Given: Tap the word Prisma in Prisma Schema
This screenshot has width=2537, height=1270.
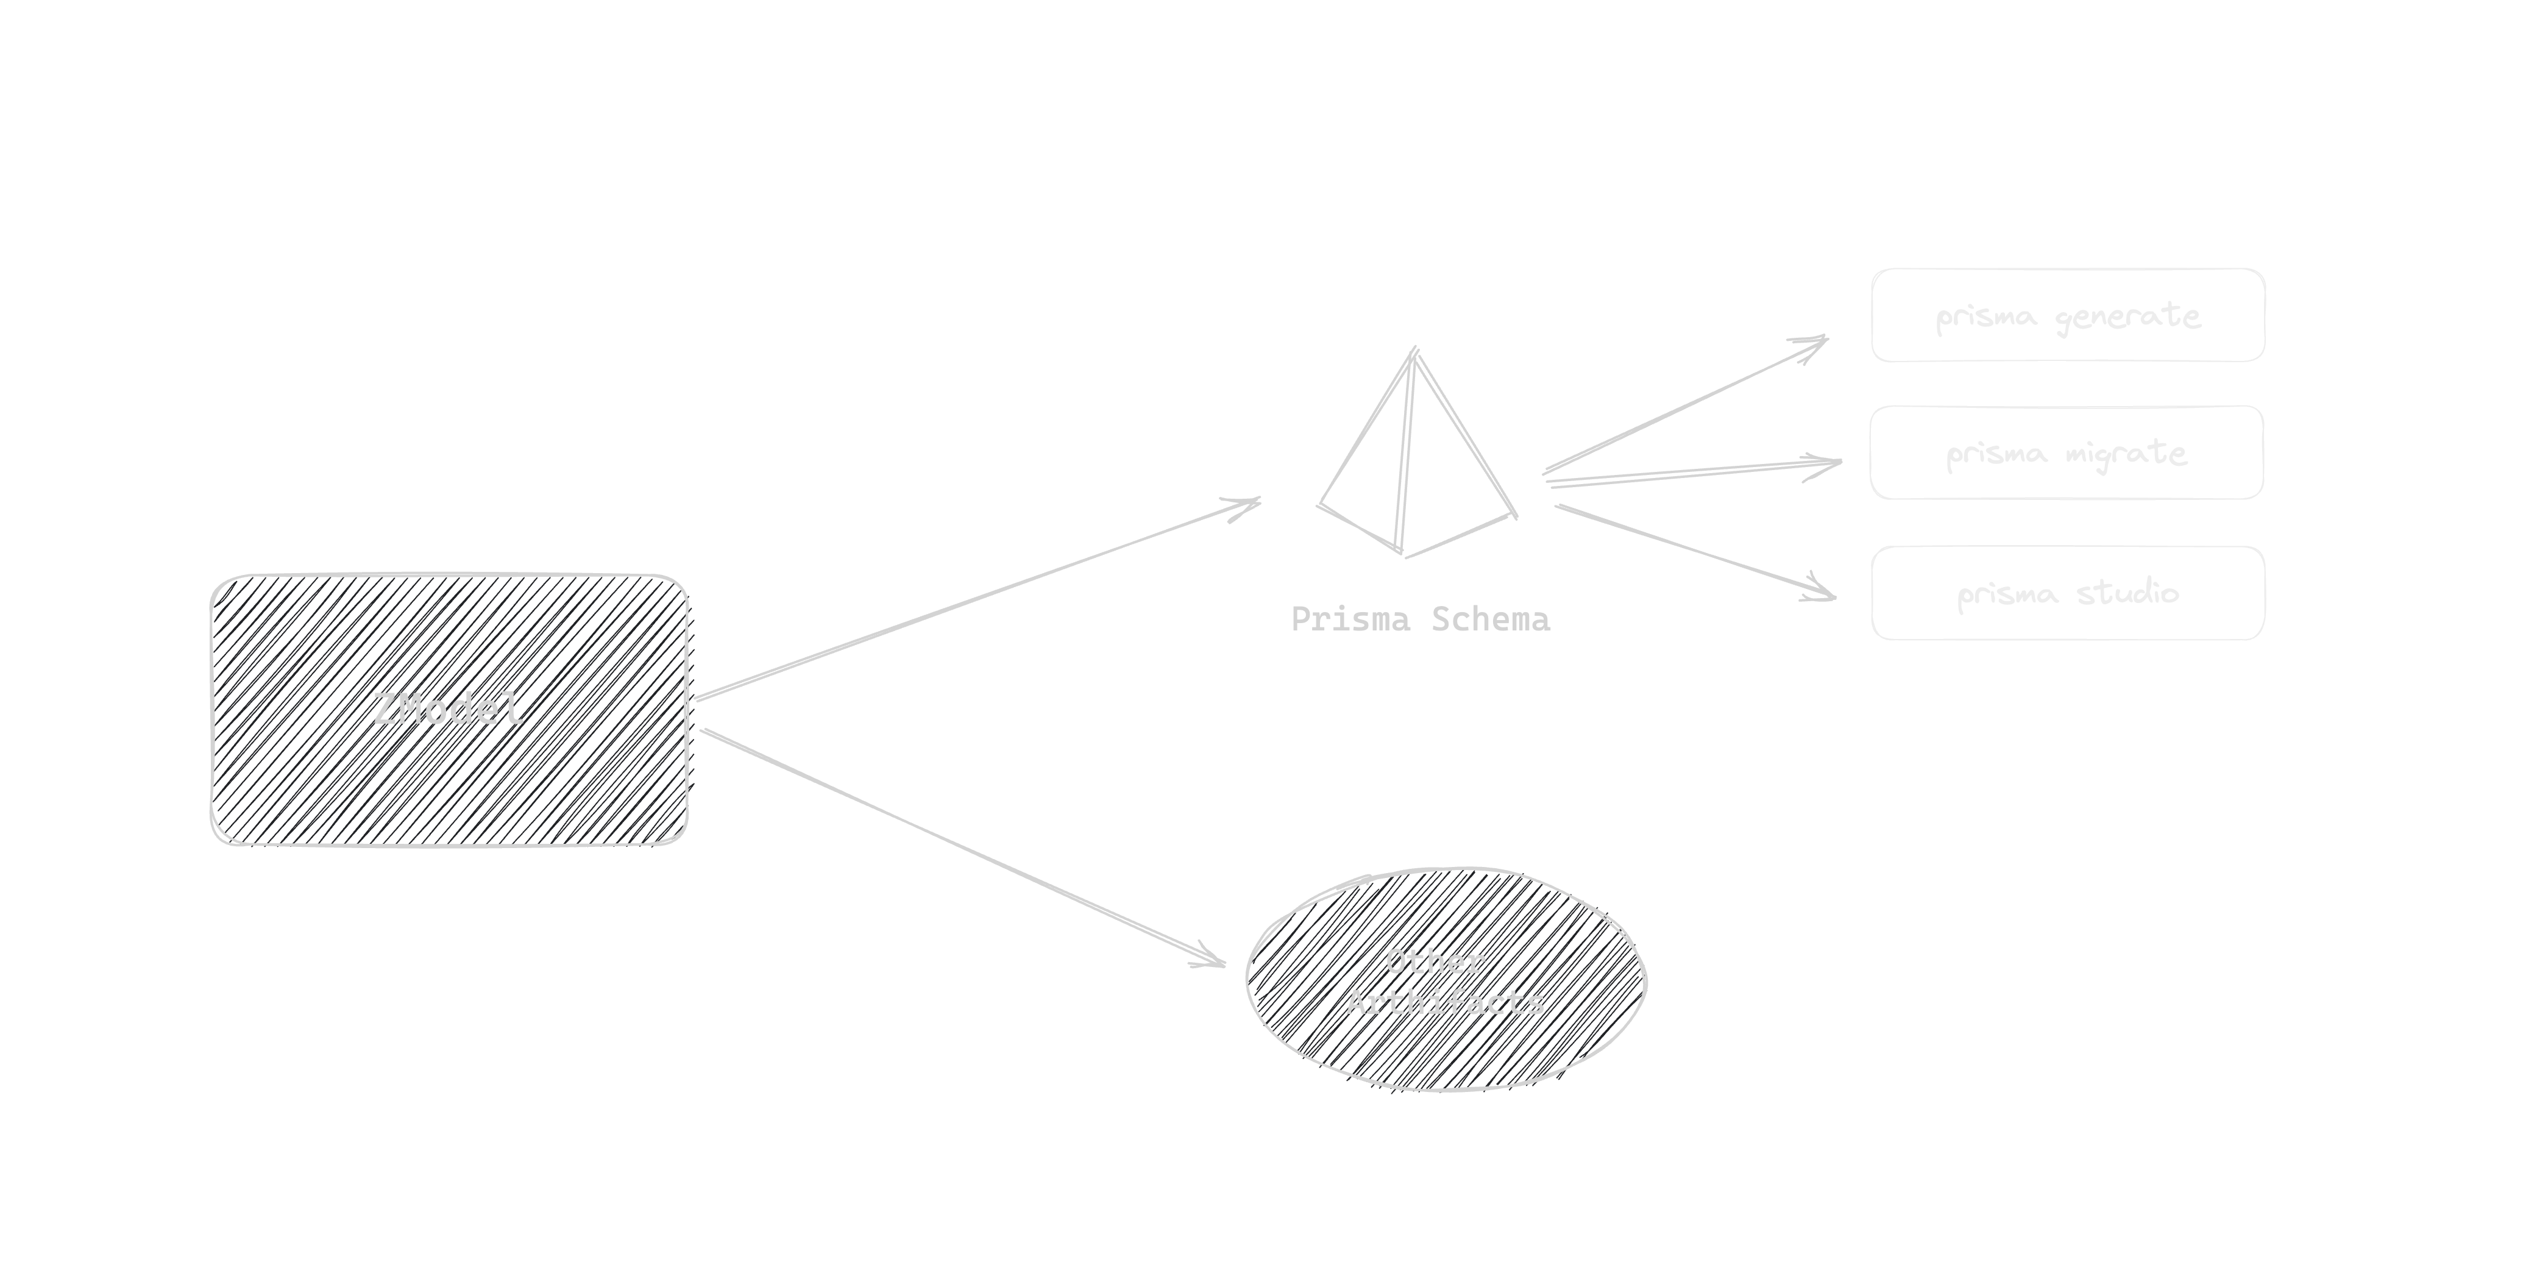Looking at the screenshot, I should pos(1349,619).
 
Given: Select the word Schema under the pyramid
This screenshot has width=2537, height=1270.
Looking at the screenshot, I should pos(1490,619).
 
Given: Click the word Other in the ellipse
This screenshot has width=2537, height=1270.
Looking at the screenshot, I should pos(1435,961).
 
